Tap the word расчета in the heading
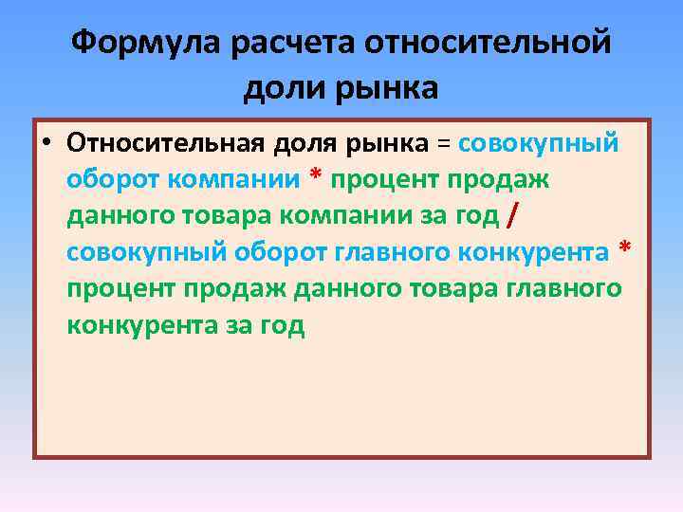point(281,43)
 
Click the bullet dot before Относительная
point(46,144)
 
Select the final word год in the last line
point(282,326)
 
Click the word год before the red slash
point(476,217)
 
